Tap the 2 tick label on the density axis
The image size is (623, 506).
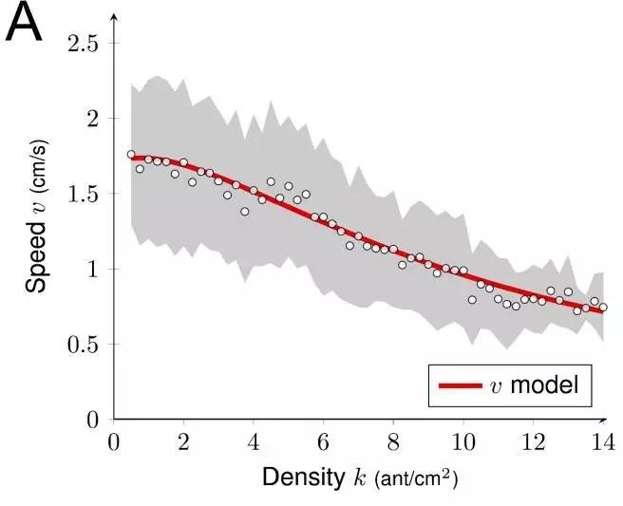tap(183, 441)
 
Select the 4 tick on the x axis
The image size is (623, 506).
tap(254, 441)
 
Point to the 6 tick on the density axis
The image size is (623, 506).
tap(323, 441)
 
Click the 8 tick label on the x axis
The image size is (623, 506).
tap(393, 441)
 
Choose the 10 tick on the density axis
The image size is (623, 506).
tap(463, 441)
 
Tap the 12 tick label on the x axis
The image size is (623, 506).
tap(533, 441)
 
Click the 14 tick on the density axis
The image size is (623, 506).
tap(602, 441)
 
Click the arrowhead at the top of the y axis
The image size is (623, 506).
tap(114, 18)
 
